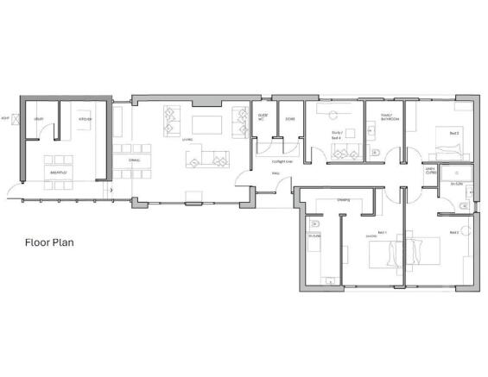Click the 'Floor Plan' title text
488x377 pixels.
tap(49, 242)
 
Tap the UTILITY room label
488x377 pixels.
tap(39, 118)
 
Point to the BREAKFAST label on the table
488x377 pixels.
tap(59, 173)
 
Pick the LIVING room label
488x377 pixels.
tap(186, 138)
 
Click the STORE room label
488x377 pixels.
tap(290, 118)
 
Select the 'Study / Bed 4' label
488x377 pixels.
tap(337, 135)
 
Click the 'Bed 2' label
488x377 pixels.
tap(453, 133)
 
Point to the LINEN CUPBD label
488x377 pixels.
tap(430, 171)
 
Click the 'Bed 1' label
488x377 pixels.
tap(372, 233)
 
